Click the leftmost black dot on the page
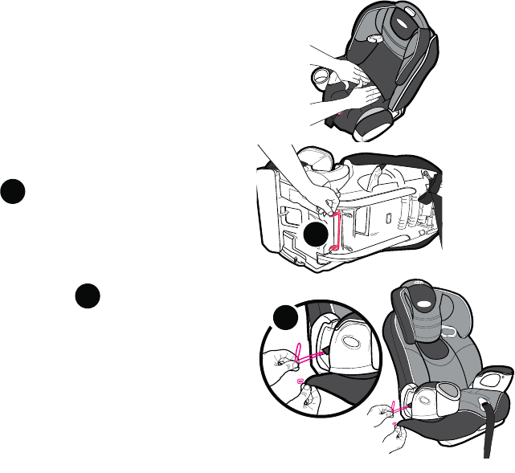tap(13, 192)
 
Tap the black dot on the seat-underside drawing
tap(317, 234)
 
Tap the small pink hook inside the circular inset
tap(300, 382)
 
